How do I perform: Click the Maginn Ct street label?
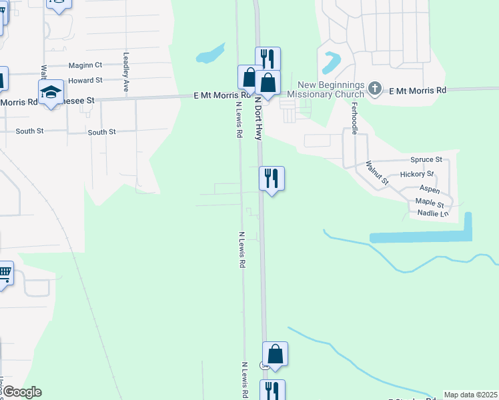85,65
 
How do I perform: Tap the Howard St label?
85,80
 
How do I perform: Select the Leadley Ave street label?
125,73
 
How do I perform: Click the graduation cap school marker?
50,93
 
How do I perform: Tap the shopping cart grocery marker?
4,272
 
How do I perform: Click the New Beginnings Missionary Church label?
331,89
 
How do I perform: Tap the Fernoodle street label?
354,119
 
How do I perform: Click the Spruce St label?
426,159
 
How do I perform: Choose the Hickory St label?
416,174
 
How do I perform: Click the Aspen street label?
429,189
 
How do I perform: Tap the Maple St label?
429,202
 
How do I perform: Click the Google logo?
21,392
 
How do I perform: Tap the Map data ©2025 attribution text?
470,395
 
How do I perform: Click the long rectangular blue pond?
420,236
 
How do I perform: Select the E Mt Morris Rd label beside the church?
417,90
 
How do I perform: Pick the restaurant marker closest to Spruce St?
272,178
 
